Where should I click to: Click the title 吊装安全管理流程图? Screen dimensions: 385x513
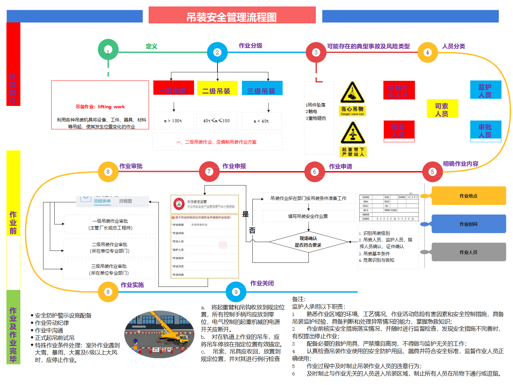tap(232, 16)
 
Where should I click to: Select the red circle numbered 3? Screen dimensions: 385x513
tap(316, 52)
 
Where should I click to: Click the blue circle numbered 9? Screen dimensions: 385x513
tap(236, 292)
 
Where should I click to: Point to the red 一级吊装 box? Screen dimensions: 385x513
tap(173, 88)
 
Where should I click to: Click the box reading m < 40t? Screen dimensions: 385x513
tap(261, 121)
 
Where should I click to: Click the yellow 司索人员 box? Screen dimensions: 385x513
tap(442, 109)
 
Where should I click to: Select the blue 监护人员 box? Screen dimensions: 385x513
tap(485, 90)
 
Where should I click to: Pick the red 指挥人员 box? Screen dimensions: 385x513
tap(399, 130)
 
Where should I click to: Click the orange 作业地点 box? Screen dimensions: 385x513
tap(469, 196)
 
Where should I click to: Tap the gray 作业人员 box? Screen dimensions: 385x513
tap(469, 252)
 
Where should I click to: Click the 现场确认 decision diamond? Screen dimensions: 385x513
tap(308, 242)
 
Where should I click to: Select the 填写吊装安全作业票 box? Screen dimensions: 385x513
tap(308, 216)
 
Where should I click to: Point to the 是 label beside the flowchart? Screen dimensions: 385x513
tap(245, 214)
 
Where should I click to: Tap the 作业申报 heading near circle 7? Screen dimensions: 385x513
tap(234, 166)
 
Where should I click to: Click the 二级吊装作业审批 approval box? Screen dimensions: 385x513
tap(110, 247)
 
